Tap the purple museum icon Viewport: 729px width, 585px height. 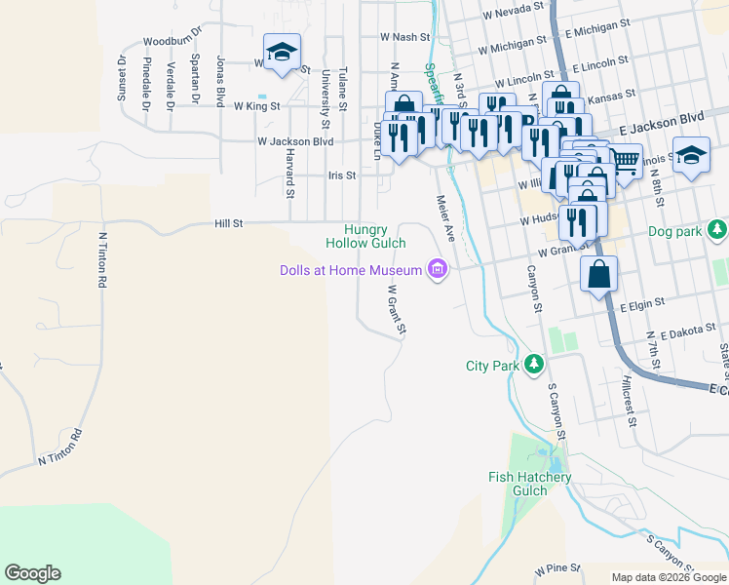pos(438,269)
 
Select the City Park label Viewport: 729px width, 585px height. pos(490,366)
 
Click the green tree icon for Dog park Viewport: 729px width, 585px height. pos(717,230)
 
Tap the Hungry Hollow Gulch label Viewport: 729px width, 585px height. pos(366,235)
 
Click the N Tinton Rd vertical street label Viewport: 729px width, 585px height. pos(100,258)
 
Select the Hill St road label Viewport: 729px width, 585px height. pos(228,223)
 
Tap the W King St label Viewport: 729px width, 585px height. pos(261,105)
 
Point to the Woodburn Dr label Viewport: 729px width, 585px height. pos(170,41)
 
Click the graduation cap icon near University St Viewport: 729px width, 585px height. pos(282,52)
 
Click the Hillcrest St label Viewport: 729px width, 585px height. pos(630,403)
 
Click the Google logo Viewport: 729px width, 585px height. pos(32,573)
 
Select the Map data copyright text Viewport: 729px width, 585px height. pos(669,577)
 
